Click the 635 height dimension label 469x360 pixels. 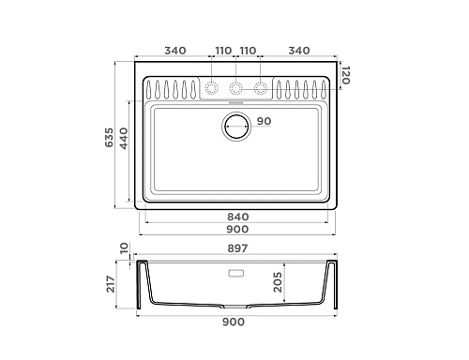coord(109,137)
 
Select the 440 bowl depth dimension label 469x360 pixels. coord(124,138)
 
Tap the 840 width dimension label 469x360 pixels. coord(238,217)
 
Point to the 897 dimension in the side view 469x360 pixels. coord(237,248)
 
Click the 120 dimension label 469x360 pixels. coord(345,75)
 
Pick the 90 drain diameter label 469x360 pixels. coord(264,121)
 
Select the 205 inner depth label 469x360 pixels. coord(278,282)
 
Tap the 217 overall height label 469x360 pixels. coord(111,284)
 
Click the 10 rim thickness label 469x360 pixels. coord(124,247)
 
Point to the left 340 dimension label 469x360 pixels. coord(175,51)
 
